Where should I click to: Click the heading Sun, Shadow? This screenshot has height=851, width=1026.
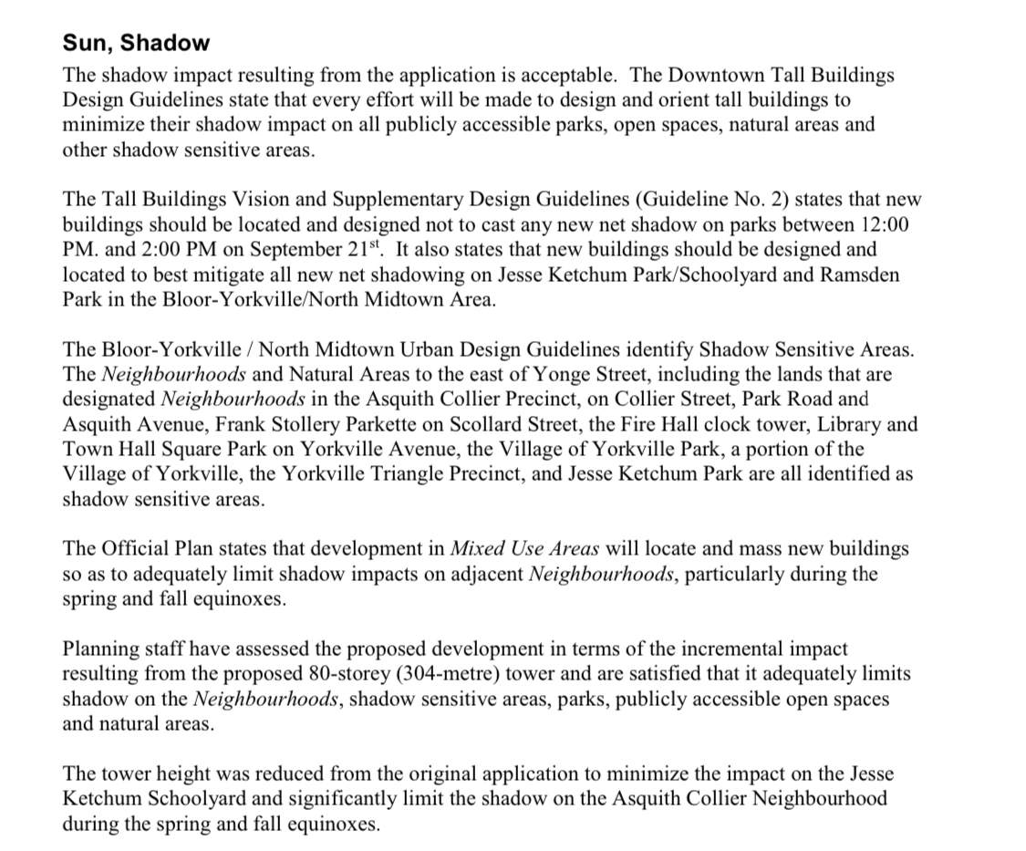pos(136,43)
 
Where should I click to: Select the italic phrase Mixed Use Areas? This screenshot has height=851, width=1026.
pos(525,549)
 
